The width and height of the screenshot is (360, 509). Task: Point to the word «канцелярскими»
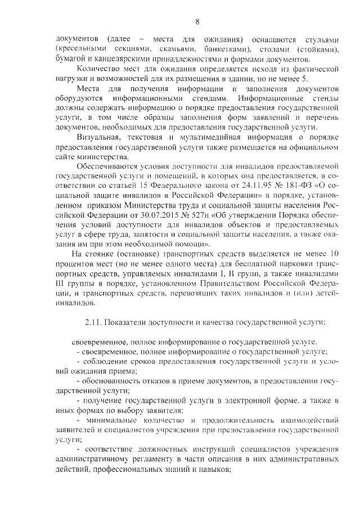tap(120, 59)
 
